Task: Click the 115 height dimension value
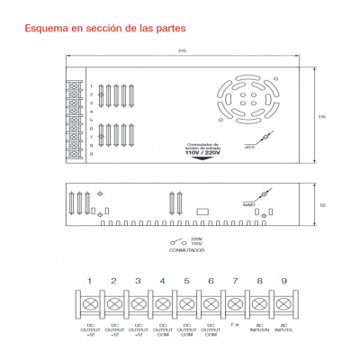(x=321, y=116)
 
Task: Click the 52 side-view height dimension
(x=321, y=204)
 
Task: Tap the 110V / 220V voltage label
(x=202, y=153)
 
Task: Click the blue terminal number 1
(x=89, y=282)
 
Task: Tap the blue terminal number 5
(x=186, y=282)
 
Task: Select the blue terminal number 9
(x=283, y=282)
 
